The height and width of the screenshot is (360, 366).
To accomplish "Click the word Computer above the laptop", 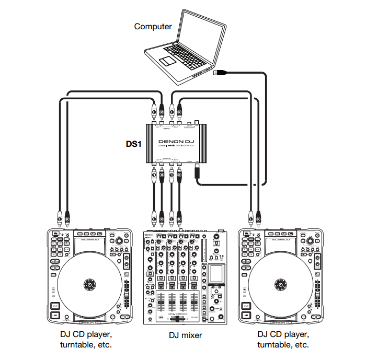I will [153, 26].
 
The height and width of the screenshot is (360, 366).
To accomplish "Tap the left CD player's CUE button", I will [55, 306].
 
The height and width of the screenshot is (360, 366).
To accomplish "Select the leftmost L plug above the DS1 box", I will [154, 111].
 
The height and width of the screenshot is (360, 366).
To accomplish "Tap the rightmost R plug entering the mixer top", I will [179, 215].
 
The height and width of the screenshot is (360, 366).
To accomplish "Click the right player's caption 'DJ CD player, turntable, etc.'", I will [283, 339].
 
